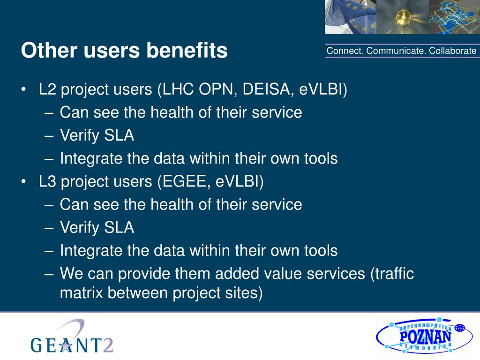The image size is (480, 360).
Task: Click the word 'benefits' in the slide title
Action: pyautogui.click(x=187, y=50)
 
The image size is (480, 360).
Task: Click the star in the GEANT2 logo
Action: pyautogui.click(x=65, y=345)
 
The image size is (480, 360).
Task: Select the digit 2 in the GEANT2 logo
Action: pyautogui.click(x=107, y=345)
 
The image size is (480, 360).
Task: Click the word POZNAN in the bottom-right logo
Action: pyautogui.click(x=425, y=337)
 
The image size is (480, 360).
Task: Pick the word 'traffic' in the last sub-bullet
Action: pyautogui.click(x=392, y=273)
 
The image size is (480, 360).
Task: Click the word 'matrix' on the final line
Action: pyautogui.click(x=82, y=292)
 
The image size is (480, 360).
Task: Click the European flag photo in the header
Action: pyautogui.click(x=351, y=17)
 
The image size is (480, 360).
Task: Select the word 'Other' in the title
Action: pyautogui.click(x=49, y=50)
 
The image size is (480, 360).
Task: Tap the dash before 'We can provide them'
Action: pyautogui.click(x=49, y=274)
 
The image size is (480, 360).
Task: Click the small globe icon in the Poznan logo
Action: pyautogui.click(x=459, y=328)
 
